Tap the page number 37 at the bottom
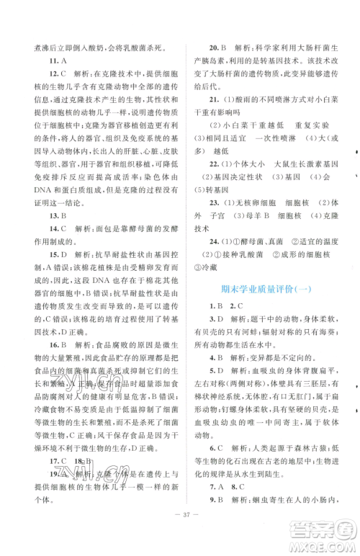point(179,539)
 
